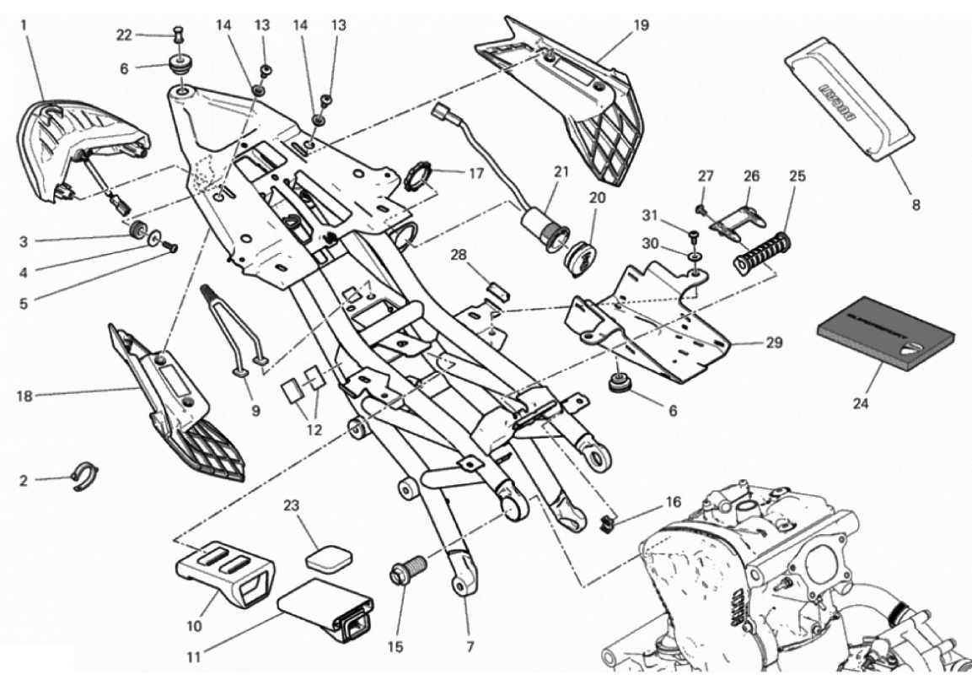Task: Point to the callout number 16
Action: tap(673, 501)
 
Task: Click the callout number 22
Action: tap(124, 35)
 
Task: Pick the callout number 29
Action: tap(774, 343)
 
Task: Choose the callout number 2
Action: tap(24, 481)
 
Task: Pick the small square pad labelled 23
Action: tap(329, 557)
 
